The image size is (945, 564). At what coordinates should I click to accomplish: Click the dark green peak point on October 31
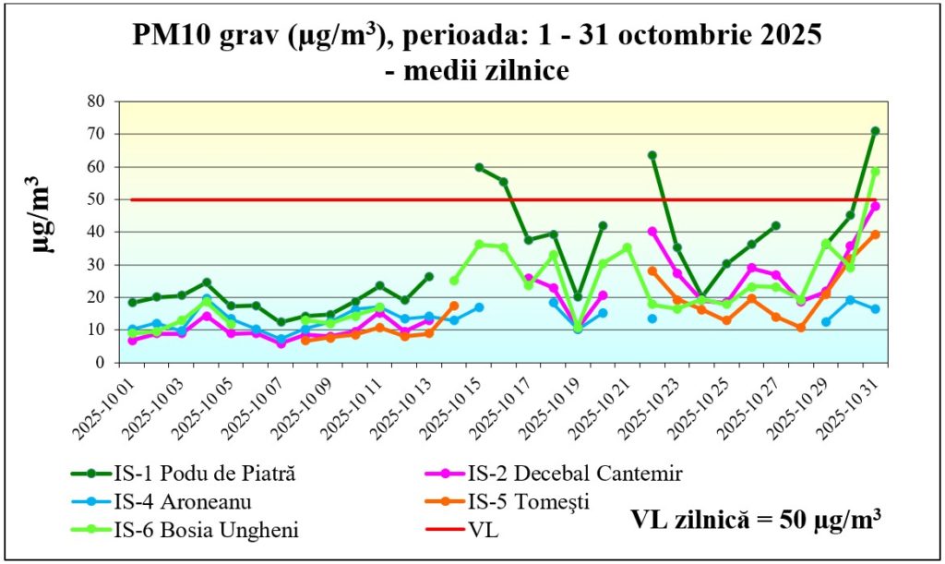coord(874,131)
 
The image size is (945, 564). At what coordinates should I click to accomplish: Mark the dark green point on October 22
coord(652,155)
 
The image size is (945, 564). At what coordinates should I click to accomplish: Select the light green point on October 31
coord(874,172)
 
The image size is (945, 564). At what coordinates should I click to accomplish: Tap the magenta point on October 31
coord(874,206)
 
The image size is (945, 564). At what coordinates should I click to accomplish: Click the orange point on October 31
coord(874,234)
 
